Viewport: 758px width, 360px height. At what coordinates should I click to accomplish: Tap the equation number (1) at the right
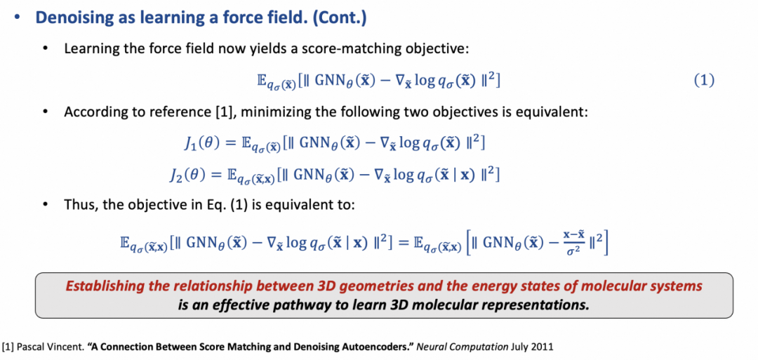(x=703, y=81)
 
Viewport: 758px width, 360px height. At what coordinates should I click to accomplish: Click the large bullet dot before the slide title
(x=17, y=18)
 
